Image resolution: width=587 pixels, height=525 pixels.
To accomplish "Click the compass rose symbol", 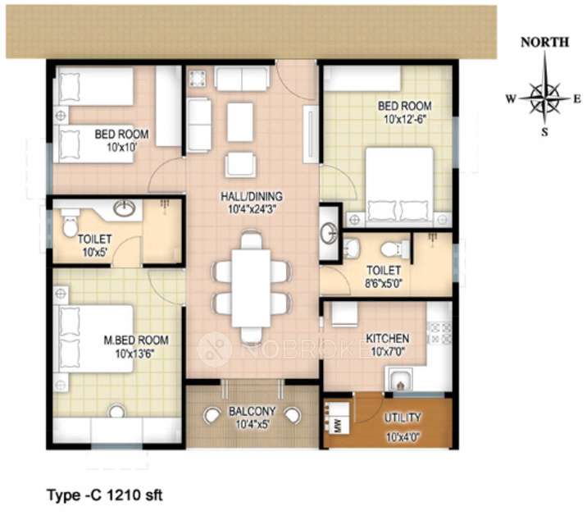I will (544, 98).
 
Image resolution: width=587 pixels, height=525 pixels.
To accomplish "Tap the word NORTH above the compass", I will (544, 43).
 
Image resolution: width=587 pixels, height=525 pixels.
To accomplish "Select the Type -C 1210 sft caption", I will (106, 495).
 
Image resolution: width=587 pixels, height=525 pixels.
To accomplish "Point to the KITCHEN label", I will (388, 338).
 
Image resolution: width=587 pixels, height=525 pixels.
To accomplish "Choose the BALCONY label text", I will (252, 411).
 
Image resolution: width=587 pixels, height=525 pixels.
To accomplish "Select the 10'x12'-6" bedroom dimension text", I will (403, 118).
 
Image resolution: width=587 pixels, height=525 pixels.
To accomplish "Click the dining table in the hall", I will (251, 287).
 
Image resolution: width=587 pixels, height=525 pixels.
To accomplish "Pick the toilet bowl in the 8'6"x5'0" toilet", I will (394, 247).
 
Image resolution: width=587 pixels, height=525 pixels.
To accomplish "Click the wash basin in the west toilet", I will (124, 209).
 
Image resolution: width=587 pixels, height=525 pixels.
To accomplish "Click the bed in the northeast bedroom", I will (399, 185).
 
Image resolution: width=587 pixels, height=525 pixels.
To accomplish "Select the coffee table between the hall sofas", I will (239, 121).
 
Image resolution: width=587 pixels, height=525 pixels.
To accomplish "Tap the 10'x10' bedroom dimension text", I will (121, 148).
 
